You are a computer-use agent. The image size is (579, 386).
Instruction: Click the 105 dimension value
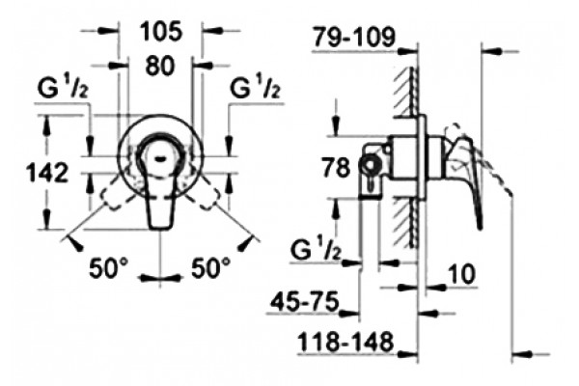(162, 31)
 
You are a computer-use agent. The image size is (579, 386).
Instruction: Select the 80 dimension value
(159, 67)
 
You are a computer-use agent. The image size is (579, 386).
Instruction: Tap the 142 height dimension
(48, 173)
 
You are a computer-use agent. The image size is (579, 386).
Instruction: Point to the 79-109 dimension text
(354, 37)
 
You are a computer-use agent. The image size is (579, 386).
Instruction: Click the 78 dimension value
(336, 167)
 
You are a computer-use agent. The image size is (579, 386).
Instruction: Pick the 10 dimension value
(461, 274)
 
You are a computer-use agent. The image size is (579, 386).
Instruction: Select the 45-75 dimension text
(305, 301)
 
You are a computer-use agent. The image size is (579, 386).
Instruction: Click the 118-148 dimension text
(345, 342)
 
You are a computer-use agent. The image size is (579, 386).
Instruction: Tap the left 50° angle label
(108, 267)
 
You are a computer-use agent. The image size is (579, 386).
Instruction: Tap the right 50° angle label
(210, 267)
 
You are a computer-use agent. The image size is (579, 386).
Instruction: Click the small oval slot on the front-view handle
(160, 159)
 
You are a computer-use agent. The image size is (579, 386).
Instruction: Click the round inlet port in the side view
(370, 164)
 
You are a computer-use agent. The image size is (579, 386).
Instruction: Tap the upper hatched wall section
(407, 93)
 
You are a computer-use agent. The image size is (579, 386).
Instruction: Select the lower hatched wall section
(407, 223)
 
